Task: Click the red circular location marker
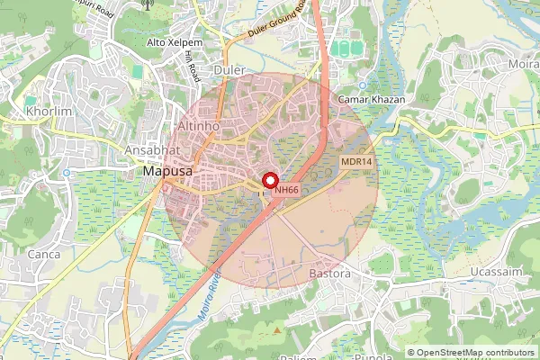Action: click(x=268, y=178)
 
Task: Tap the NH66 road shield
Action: click(x=287, y=190)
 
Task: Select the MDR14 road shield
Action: click(x=355, y=161)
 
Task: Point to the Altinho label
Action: click(x=198, y=127)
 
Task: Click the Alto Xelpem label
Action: click(x=175, y=42)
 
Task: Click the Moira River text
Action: click(x=208, y=302)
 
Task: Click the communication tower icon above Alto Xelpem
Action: click(x=148, y=4)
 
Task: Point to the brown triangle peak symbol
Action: click(x=277, y=330)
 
